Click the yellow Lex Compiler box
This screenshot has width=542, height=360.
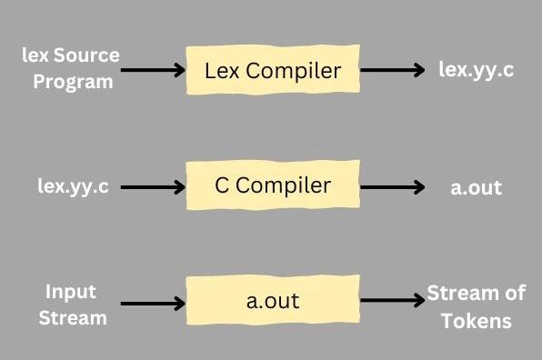click(x=274, y=70)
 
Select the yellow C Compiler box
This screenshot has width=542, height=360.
click(x=274, y=187)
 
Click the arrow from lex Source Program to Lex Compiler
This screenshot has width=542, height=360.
click(x=154, y=70)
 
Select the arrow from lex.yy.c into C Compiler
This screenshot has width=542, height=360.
click(x=154, y=188)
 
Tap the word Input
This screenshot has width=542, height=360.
click(x=71, y=293)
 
